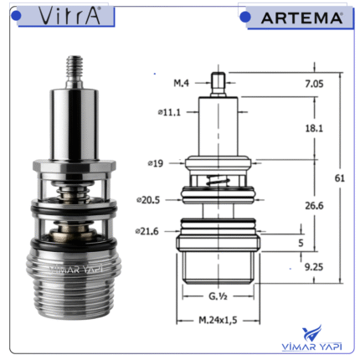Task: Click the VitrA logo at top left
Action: [69, 16]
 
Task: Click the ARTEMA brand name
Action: [301, 18]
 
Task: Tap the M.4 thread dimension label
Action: [181, 83]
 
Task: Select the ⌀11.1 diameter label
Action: [169, 112]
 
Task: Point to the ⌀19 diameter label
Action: [156, 163]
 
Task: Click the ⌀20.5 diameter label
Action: [148, 200]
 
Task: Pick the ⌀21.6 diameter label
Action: [147, 231]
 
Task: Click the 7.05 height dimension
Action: [314, 84]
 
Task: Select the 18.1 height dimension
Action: [314, 128]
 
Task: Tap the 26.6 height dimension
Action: [314, 206]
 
